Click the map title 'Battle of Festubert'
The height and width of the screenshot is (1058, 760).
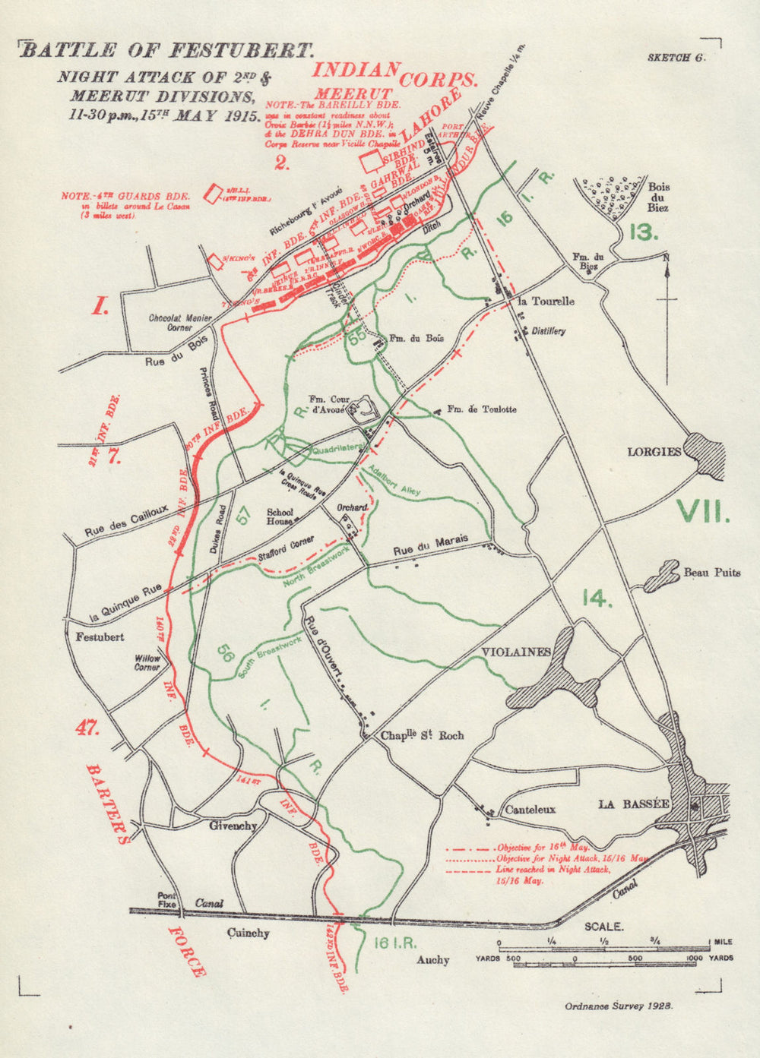coord(166,51)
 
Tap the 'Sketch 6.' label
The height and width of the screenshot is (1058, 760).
coord(676,58)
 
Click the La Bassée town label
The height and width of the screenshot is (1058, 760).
coord(622,804)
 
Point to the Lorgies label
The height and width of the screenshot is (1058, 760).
coord(654,452)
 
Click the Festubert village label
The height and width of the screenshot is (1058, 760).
coord(100,637)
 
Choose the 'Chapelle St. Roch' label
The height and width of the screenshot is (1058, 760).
coord(422,736)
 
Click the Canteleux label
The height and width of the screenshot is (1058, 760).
coord(530,810)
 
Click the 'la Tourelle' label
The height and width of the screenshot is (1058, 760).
coord(546,302)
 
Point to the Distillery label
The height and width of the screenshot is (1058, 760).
coord(549,332)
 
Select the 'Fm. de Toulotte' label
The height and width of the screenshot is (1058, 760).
coord(481,409)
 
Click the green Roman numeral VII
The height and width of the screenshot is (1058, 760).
coord(703,510)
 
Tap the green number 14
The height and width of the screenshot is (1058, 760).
coord(597,598)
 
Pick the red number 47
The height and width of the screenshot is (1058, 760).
coord(87,728)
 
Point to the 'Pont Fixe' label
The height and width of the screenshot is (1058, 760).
coord(167,900)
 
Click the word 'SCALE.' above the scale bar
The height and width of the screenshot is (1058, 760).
coord(603,927)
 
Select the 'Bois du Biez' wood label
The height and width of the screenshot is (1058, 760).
coord(658,197)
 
